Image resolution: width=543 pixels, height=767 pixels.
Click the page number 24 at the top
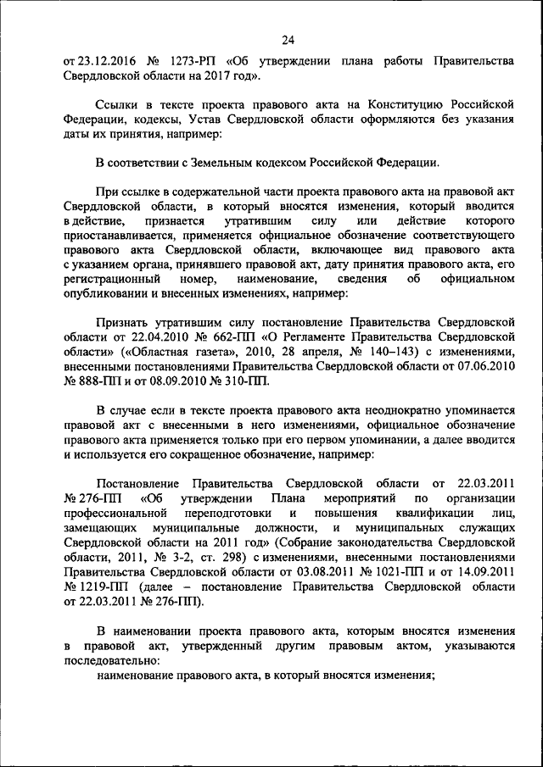(x=288, y=39)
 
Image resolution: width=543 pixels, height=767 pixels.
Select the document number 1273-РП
(x=196, y=61)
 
